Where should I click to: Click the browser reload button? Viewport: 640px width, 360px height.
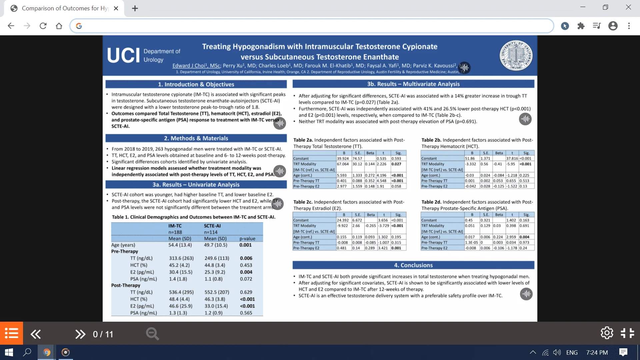pos(43,26)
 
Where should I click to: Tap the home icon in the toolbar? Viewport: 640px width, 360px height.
pos(59,26)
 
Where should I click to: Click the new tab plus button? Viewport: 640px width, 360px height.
pos(135,8)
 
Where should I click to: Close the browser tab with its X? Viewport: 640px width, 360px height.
pos(116,8)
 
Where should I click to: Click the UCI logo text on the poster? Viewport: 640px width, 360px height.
pos(123,55)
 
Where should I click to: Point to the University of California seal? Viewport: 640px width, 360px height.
pos(516,55)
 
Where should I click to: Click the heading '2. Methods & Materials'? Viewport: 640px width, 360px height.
pos(196,138)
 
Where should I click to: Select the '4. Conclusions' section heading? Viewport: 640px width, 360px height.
pos(413,265)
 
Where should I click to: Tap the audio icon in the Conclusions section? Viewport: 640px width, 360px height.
pos(526,294)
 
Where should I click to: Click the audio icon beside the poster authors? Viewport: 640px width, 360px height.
pos(464,68)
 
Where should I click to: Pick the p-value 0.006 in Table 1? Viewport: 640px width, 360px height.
pos(246,258)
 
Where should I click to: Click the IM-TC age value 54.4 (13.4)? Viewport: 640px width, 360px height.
pos(180,245)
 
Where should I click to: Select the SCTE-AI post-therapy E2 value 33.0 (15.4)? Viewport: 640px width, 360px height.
pos(216,306)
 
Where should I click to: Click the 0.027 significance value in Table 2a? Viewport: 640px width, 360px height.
pos(396,164)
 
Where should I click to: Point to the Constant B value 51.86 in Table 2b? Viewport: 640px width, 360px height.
pos(470,159)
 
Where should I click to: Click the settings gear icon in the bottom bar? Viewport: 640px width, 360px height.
pos(607,333)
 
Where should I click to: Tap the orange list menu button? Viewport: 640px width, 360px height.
pos(12,333)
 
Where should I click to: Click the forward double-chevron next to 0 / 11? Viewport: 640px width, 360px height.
pos(80,334)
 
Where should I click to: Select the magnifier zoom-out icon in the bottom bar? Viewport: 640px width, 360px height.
pos(152,334)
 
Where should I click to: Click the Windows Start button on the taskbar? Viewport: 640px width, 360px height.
pos(9,352)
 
